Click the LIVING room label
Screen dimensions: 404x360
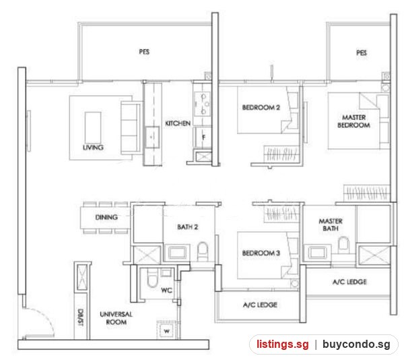coord(93,148)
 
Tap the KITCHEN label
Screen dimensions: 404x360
coord(178,123)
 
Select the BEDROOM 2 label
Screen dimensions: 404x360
coord(261,107)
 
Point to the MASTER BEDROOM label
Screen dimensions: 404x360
coord(353,121)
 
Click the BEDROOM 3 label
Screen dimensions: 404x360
coord(261,253)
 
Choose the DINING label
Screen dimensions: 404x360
coord(106,217)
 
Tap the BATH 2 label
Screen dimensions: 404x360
coord(188,227)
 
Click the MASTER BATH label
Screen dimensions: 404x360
coord(331,224)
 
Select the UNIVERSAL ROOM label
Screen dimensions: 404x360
coord(116,318)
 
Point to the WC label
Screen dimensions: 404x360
coord(166,291)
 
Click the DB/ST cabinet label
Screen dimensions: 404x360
coord(81,318)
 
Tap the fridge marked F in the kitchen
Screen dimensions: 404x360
coord(203,138)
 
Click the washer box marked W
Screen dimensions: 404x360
coord(167,330)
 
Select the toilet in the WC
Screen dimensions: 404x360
coord(152,278)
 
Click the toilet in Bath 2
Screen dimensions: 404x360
coord(203,251)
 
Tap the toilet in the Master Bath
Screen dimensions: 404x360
coord(343,245)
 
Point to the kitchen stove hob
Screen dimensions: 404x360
coord(203,104)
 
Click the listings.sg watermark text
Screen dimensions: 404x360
coord(282,344)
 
